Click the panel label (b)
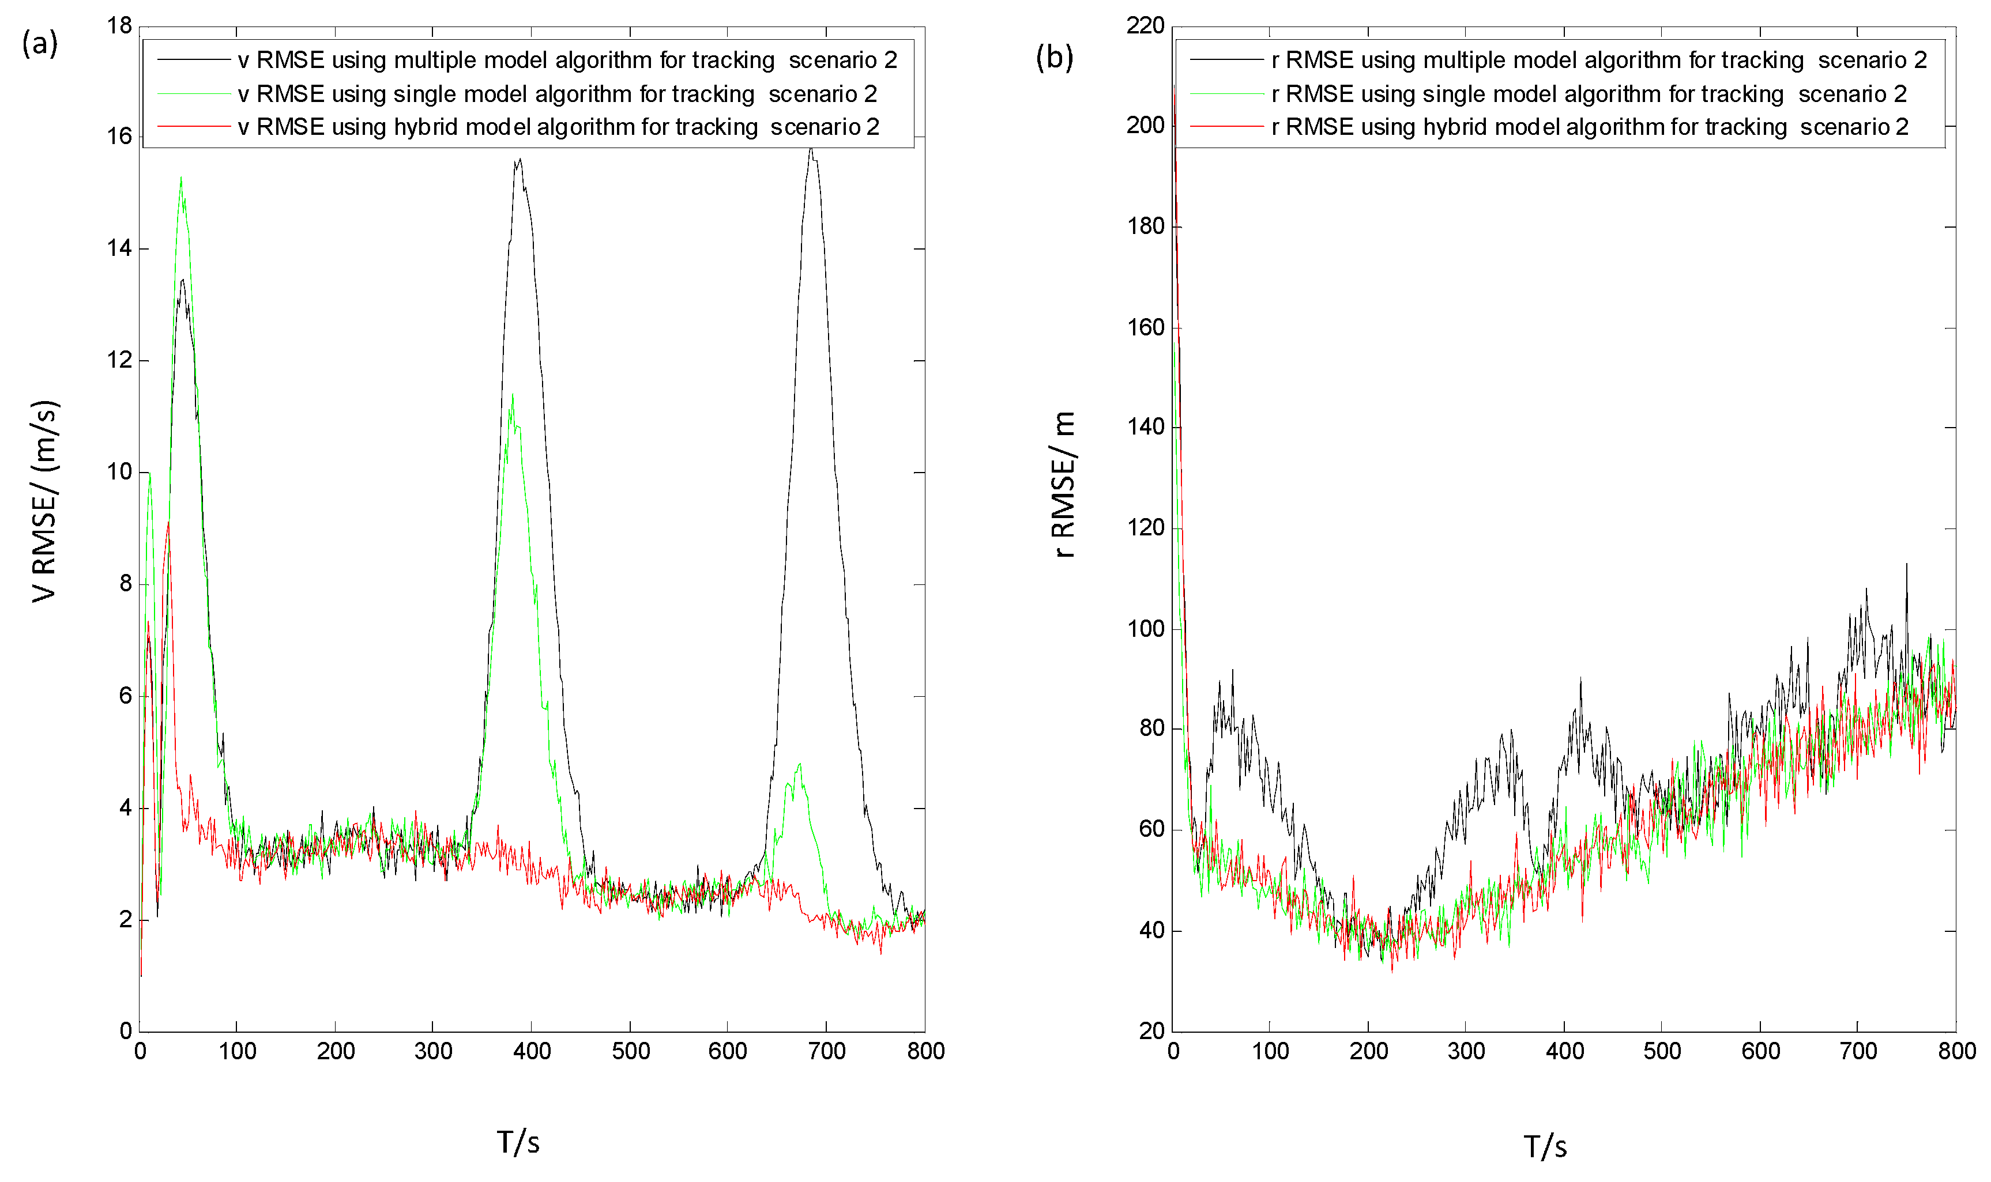pos(1053,58)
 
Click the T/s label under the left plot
pos(518,1142)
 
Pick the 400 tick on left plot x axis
pos(532,1051)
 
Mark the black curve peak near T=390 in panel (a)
pos(520,160)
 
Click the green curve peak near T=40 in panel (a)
pos(181,179)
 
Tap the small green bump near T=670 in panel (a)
pos(799,765)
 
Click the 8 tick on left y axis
pos(125,584)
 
